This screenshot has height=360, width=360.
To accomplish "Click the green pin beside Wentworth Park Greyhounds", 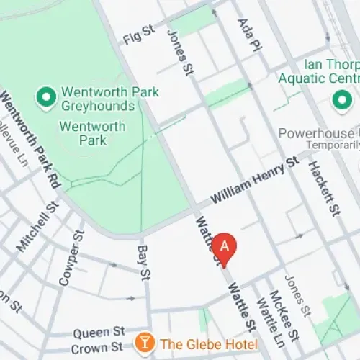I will pyautogui.click(x=47, y=96).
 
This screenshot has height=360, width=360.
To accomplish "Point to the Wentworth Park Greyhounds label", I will pyautogui.click(x=98, y=99).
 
